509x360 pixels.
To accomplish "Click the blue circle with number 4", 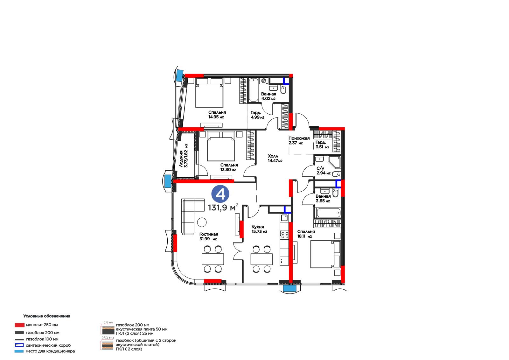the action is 220,194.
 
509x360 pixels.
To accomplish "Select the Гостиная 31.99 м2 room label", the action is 208,236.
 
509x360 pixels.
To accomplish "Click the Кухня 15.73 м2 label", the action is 259,229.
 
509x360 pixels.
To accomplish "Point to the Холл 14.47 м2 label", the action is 275,158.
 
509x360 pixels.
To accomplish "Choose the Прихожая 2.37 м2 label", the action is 299,141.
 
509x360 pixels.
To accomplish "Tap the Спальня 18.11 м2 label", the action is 306,234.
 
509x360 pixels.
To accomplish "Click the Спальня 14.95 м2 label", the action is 217,115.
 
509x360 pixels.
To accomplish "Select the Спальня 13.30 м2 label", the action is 229,167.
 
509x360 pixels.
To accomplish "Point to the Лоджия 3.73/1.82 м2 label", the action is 184,156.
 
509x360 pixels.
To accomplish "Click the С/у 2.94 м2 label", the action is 323,171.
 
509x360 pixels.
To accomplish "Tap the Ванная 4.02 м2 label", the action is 268,96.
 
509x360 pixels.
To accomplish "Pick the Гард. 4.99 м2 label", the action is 257,115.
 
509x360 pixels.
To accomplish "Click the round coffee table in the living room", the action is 202,222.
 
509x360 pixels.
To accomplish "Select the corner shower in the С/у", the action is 334,162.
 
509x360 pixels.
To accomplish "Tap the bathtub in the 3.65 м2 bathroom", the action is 327,213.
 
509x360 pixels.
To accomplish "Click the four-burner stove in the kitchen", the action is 284,235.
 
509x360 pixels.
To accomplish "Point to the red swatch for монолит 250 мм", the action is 19,325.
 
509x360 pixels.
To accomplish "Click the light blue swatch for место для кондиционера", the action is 19,351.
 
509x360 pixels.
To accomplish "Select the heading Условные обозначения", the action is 46,316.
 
